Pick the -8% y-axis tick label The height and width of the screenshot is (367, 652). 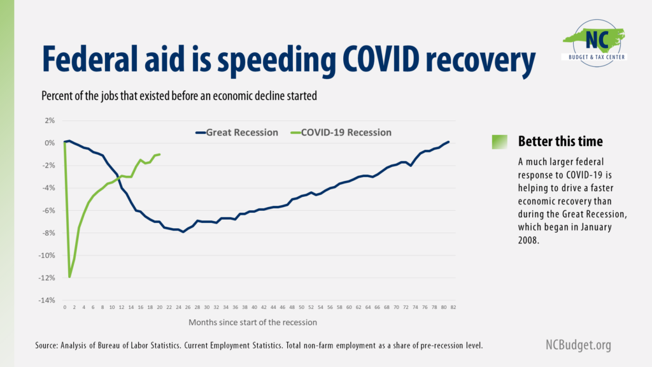[49, 233]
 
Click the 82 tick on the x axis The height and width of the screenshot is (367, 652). [453, 307]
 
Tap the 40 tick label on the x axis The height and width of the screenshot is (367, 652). [254, 307]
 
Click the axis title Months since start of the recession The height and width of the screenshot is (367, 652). [253, 322]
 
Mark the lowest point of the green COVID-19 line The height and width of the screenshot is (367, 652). [69, 277]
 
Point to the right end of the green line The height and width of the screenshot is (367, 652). [159, 154]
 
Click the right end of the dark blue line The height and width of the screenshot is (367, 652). [449, 141]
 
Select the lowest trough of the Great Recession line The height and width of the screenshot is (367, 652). [183, 232]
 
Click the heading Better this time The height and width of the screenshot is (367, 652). [560, 141]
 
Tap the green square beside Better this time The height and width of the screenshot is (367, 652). [500, 142]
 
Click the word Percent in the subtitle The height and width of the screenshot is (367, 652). [57, 96]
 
